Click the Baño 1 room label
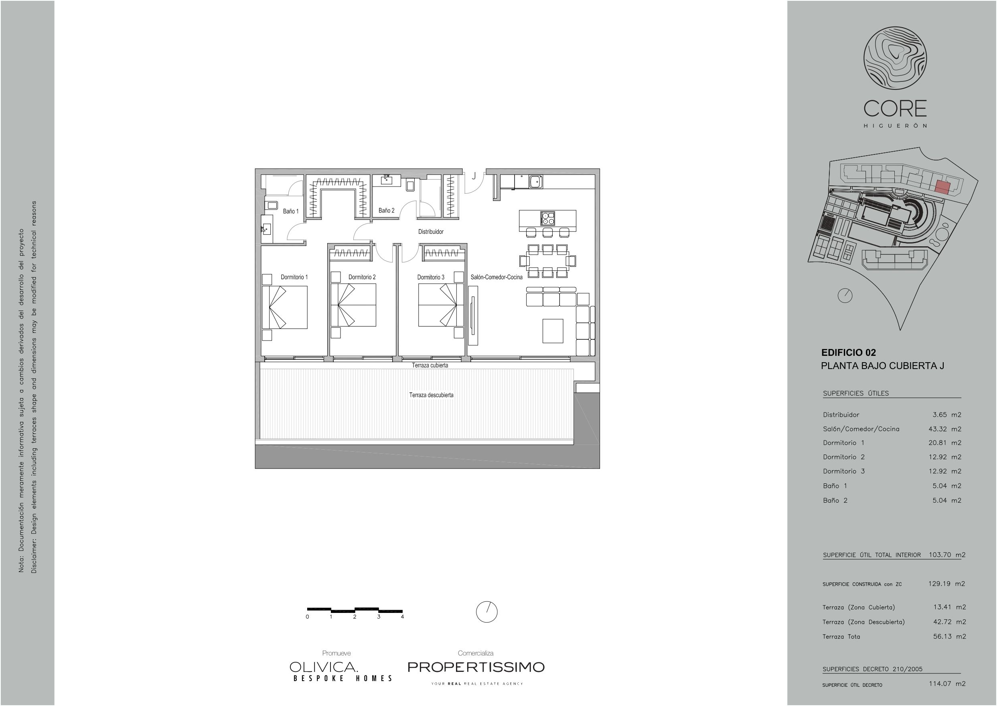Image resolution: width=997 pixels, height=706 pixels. [291, 211]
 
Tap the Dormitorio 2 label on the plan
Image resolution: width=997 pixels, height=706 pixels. [362, 277]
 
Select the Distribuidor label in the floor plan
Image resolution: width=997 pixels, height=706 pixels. [431, 232]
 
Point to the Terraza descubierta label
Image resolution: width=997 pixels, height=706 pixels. [431, 395]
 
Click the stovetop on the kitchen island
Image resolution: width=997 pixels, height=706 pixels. [547, 218]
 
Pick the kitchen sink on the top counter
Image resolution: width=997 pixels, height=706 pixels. [535, 182]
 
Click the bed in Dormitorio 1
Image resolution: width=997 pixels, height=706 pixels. [285, 307]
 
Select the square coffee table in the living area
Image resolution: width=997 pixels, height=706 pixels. [553, 331]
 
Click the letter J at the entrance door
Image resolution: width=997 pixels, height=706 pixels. [474, 176]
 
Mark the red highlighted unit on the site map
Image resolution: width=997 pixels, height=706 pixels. [942, 187]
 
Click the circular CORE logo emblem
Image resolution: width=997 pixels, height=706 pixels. [895, 58]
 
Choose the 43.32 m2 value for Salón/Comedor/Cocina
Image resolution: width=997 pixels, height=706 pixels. [945, 429]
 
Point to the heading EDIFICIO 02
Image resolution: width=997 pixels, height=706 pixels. [848, 353]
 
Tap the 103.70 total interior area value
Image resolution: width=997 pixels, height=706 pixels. [940, 555]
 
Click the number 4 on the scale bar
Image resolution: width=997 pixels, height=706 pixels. [403, 617]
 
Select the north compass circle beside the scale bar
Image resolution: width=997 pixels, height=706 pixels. [487, 612]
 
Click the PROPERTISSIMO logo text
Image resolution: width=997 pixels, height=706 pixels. [476, 667]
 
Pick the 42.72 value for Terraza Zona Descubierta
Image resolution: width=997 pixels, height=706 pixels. [942, 622]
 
